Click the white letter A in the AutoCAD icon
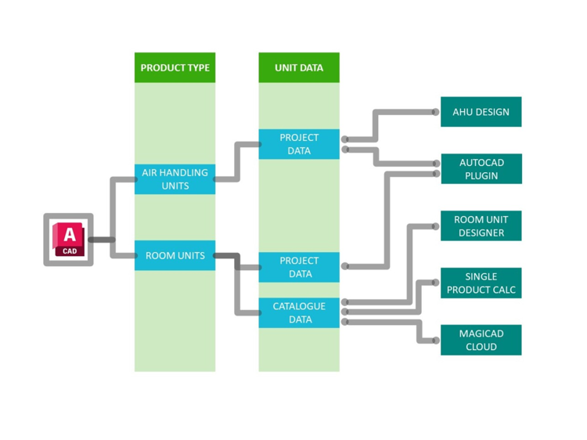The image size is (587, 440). (x=70, y=234)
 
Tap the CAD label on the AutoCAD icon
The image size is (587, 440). (x=70, y=251)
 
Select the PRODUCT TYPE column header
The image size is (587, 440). (x=175, y=68)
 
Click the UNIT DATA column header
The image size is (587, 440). (x=299, y=68)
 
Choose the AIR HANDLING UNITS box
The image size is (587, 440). (x=175, y=179)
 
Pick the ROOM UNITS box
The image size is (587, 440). (x=175, y=256)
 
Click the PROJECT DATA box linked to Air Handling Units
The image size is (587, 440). (x=299, y=144)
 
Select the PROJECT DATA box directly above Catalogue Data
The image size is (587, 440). (x=299, y=267)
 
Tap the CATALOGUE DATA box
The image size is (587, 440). (x=299, y=312)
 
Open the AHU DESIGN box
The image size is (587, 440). (x=481, y=112)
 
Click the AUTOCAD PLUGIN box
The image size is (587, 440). (x=481, y=169)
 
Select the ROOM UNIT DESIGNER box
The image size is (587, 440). (x=481, y=226)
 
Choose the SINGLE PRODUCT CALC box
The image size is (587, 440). (x=481, y=283)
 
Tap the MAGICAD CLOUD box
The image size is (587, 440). (x=481, y=340)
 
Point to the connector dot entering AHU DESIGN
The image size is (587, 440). (x=436, y=112)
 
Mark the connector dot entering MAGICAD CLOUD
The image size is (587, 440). (x=436, y=341)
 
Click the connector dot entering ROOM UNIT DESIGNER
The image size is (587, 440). (x=436, y=226)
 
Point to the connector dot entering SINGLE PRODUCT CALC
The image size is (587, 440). (x=436, y=283)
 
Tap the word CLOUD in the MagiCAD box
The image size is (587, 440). (x=481, y=347)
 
